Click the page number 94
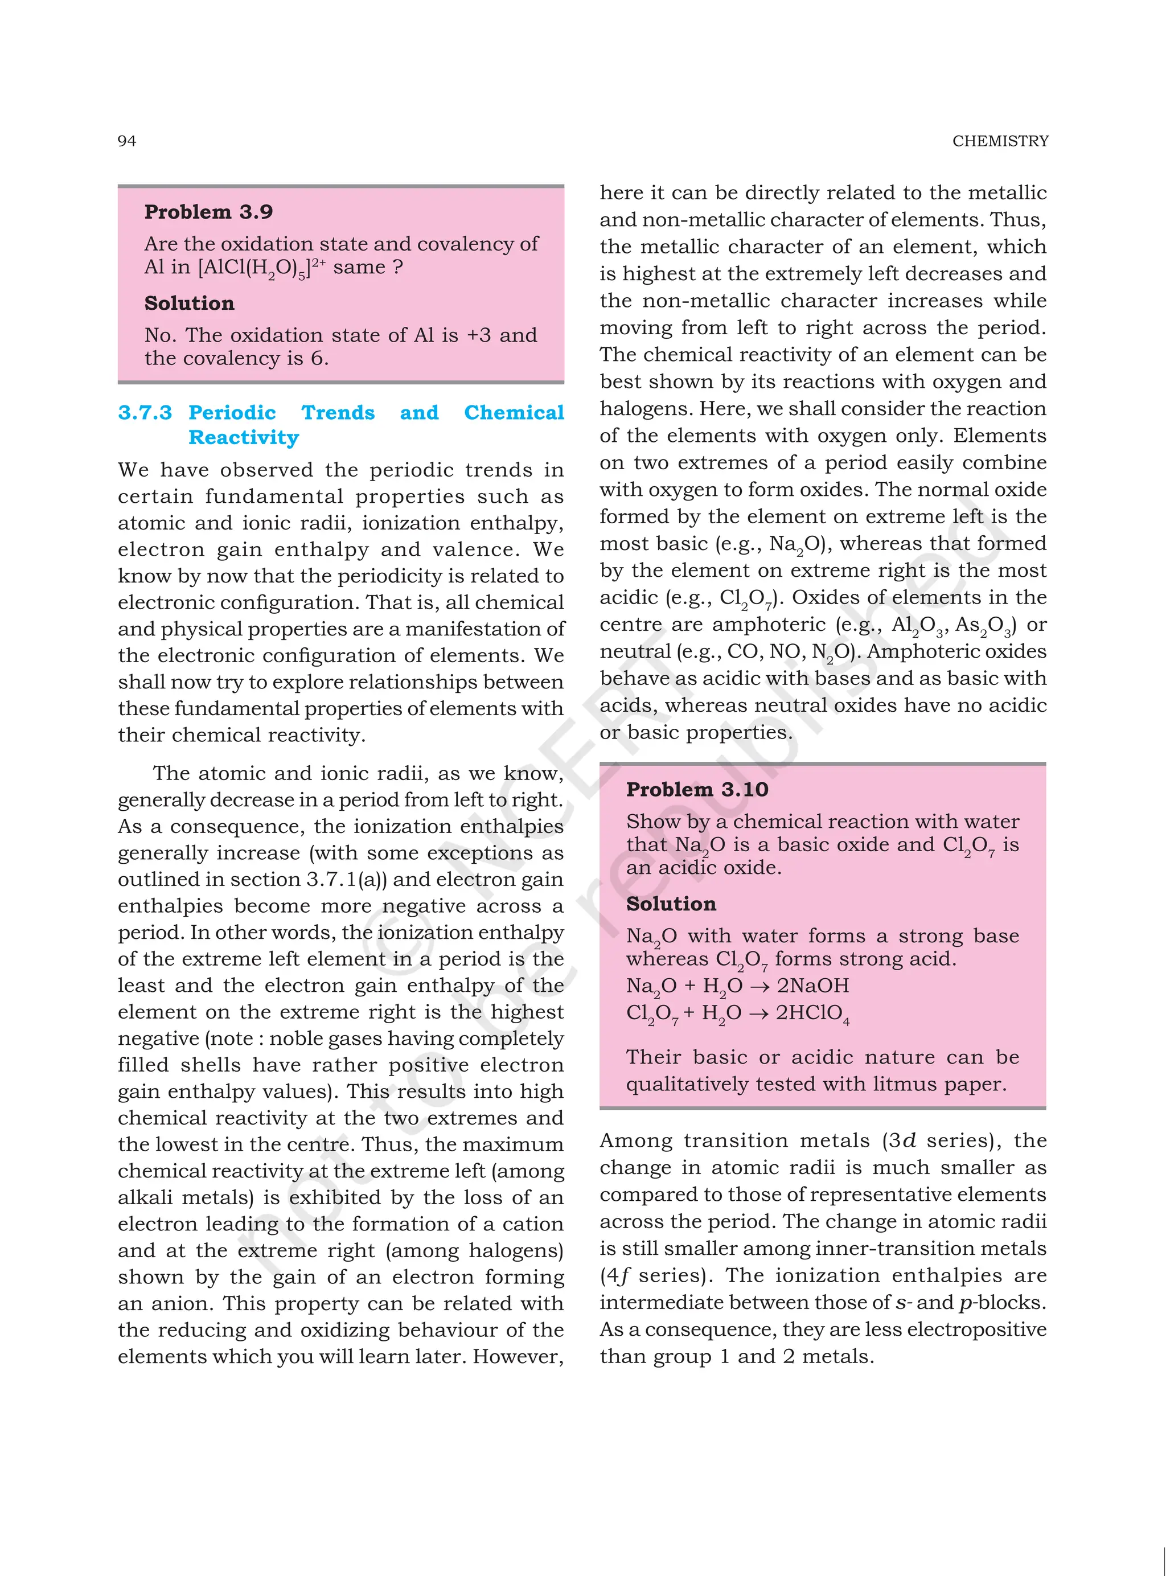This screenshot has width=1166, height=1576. point(126,141)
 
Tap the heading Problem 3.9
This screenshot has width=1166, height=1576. point(208,212)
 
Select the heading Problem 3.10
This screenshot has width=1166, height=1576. point(697,789)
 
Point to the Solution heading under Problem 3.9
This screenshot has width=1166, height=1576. point(189,303)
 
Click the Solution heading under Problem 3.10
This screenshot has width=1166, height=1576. point(671,904)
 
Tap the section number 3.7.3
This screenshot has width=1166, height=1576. point(145,412)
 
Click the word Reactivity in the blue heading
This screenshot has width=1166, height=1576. point(244,438)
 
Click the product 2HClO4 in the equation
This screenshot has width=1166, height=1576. point(812,1013)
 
